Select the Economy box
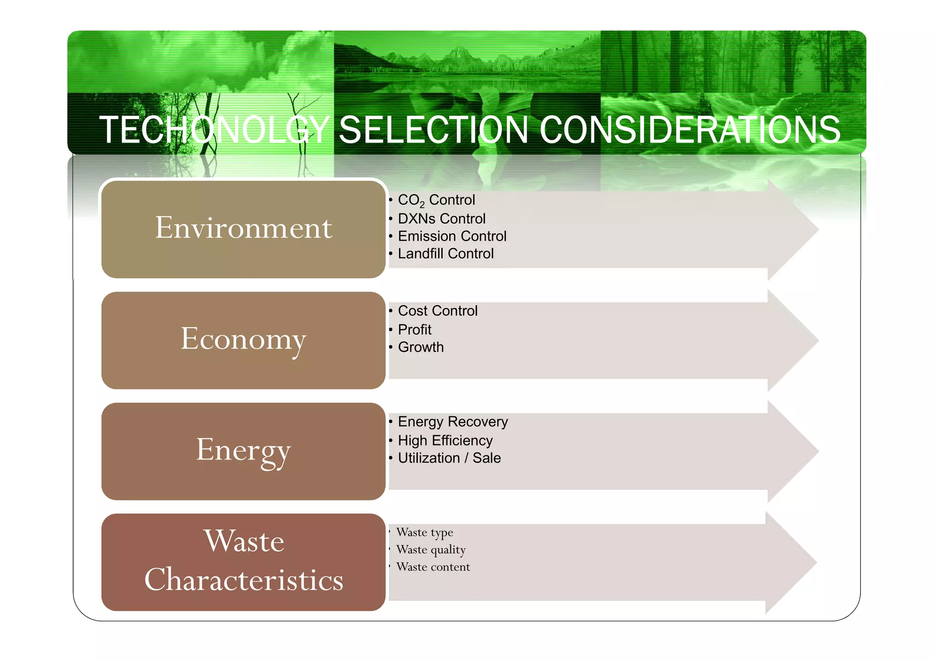[244, 340]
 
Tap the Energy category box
[244, 451]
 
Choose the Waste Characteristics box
[244, 562]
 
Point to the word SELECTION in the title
[433, 130]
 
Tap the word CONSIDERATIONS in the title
[690, 130]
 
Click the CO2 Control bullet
[436, 200]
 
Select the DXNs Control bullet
[441, 219]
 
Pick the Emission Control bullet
[451, 236]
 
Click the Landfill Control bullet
[446, 253]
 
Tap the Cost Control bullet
[437, 311]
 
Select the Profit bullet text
[414, 330]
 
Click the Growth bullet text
[420, 347]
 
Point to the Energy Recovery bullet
[452, 422]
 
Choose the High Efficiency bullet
[445, 441]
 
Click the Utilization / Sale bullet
[449, 458]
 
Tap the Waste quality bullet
[431, 550]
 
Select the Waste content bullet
[433, 567]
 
